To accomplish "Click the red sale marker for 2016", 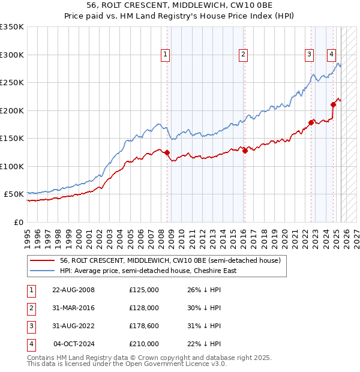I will coord(245,151).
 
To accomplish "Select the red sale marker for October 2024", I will coord(333,104).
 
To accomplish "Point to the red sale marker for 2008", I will coord(167,152).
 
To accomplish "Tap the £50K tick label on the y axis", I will coord(14,194).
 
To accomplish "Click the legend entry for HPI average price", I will coord(148,271).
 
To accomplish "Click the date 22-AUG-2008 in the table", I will coord(73,290).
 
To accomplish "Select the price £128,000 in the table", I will coord(144,308).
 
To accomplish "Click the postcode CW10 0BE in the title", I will coord(245,5).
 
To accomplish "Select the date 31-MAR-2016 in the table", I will coord(73,308).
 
